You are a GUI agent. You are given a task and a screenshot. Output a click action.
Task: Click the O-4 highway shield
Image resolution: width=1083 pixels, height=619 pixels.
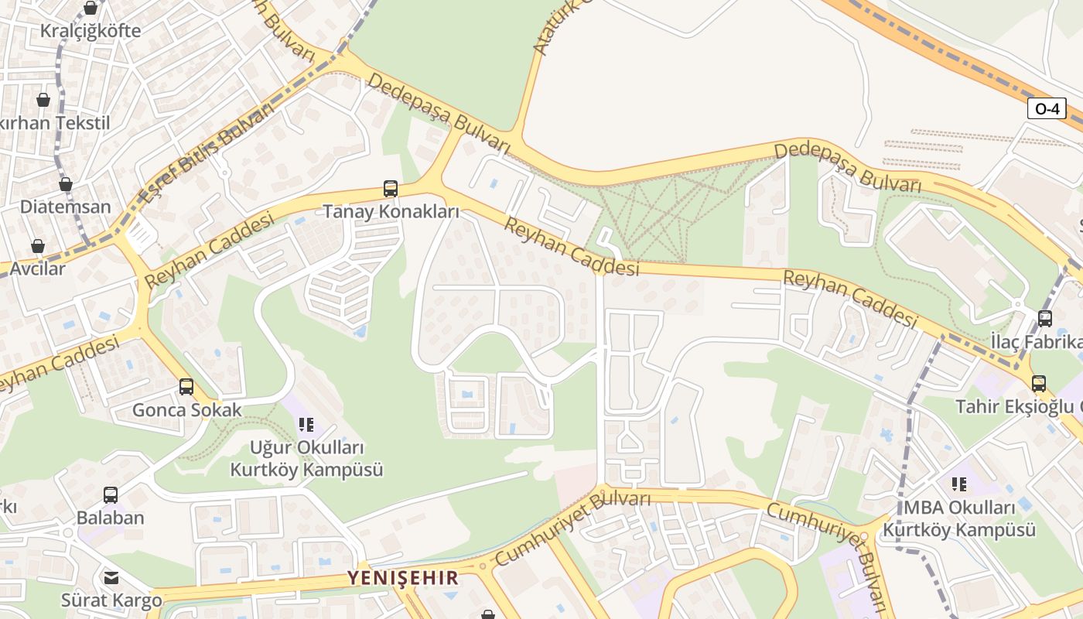tap(1047, 109)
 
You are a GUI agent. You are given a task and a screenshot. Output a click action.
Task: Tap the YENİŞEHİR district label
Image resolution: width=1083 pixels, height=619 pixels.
tap(402, 577)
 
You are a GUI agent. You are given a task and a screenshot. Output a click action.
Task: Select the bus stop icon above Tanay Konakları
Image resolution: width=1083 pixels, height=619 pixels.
tap(391, 189)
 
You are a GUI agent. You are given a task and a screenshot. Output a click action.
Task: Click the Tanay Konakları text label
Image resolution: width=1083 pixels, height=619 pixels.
tap(391, 211)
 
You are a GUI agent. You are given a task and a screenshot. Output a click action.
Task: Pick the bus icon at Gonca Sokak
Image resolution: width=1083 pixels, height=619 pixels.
tap(186, 387)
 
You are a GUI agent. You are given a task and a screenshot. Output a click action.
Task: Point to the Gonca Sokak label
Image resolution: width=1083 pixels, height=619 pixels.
tap(186, 409)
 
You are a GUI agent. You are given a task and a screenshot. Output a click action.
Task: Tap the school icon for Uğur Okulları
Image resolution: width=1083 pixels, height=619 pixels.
tap(306, 425)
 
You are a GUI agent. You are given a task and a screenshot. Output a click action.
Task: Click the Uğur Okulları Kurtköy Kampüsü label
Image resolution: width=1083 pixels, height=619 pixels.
tap(306, 459)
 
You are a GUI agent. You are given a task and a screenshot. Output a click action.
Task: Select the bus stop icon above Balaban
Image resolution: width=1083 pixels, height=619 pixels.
tap(111, 495)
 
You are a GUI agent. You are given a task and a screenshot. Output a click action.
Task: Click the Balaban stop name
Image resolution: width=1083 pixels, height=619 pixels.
tap(111, 518)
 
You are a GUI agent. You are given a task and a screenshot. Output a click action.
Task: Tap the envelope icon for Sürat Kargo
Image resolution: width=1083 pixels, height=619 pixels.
tap(111, 578)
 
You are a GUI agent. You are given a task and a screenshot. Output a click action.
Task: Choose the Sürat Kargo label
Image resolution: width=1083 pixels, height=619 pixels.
tap(111, 600)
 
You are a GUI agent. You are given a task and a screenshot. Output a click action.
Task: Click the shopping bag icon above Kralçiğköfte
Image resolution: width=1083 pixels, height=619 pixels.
tap(91, 9)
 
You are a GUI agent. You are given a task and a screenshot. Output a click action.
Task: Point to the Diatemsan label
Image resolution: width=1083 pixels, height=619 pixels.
tap(66, 207)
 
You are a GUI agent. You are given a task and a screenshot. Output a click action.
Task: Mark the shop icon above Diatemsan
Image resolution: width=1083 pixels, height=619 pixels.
tap(66, 185)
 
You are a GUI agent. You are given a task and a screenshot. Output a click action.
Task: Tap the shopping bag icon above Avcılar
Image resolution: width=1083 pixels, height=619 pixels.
tap(38, 247)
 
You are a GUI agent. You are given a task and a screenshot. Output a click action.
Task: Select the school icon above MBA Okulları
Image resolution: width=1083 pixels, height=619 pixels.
tap(959, 485)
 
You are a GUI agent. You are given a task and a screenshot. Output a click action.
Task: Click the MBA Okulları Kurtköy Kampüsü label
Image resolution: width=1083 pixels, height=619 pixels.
tap(959, 519)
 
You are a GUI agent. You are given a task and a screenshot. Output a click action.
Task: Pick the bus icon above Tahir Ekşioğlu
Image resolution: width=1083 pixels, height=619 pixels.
tap(1039, 384)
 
